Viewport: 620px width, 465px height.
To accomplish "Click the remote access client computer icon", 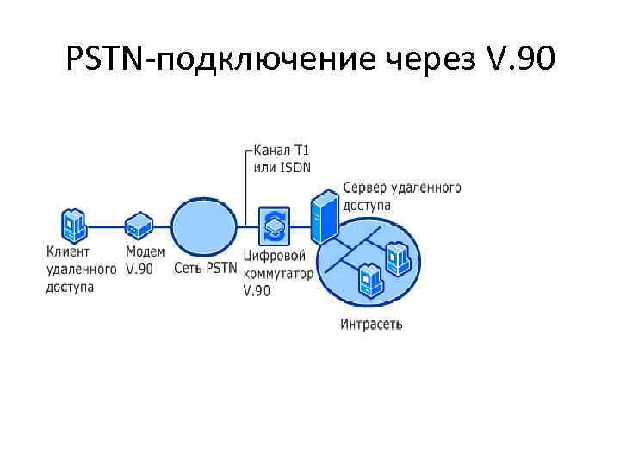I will [x=74, y=226].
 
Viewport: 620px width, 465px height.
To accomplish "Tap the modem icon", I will [x=138, y=226].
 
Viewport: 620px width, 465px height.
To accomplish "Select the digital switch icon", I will [x=275, y=226].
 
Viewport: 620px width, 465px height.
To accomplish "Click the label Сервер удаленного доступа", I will [x=401, y=196].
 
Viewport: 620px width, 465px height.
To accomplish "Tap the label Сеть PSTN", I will [x=204, y=268].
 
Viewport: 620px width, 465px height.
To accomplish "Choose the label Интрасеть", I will [x=371, y=325].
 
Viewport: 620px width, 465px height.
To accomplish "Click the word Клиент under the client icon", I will [x=67, y=252].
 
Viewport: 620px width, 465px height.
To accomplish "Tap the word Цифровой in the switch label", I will [x=275, y=256].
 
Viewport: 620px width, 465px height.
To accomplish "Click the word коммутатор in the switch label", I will [x=280, y=273].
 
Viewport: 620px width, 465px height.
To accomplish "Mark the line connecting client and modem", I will [x=106, y=227].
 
